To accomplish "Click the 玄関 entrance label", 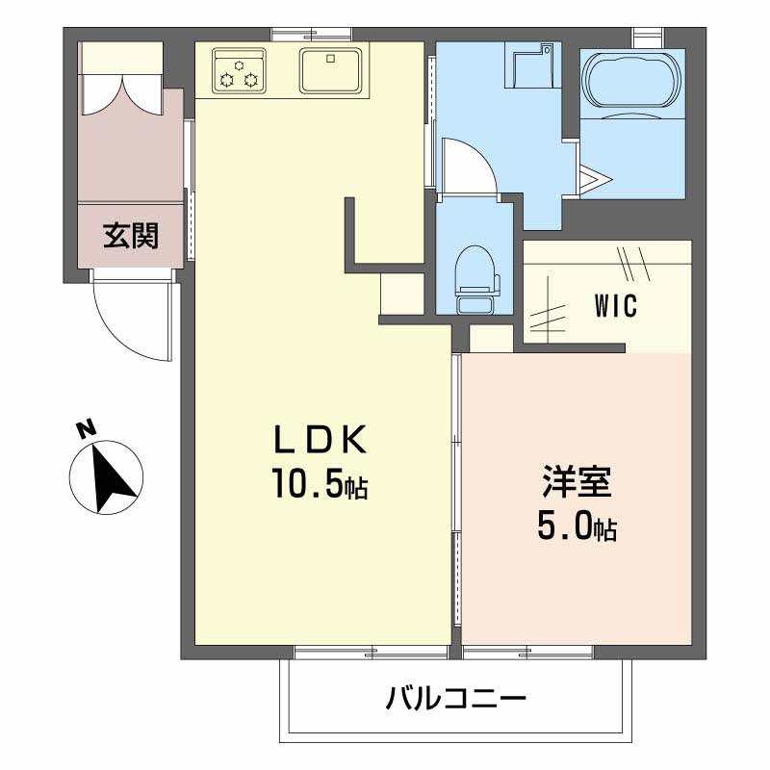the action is (x=131, y=236).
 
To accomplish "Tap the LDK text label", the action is (x=320, y=439).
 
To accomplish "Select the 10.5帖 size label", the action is (x=320, y=483).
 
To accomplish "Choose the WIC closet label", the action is (x=616, y=305).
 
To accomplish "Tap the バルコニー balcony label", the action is (x=455, y=697).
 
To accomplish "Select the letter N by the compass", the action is (x=87, y=428).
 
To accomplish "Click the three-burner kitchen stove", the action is (x=239, y=69).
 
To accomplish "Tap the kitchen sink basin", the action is (x=331, y=69).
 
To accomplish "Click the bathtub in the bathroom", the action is (x=632, y=80).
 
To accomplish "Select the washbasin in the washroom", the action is (x=531, y=64).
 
